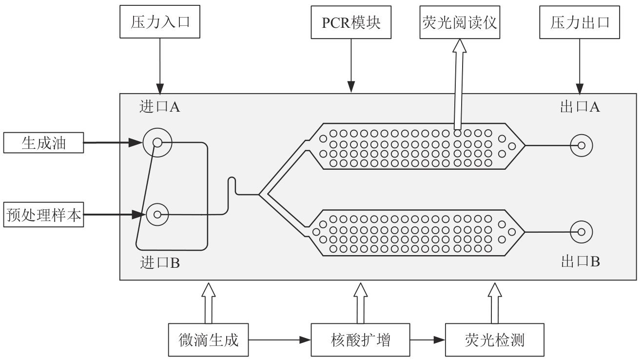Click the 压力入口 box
[159, 23]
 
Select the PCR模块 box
[350, 23]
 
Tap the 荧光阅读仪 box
[459, 23]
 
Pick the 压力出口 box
[579, 23]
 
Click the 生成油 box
[44, 143]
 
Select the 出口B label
[580, 262]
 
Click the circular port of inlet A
[157, 143]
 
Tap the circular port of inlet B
[157, 214]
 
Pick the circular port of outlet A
[582, 145]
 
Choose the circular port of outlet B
[582, 232]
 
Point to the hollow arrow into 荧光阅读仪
[458, 83]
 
